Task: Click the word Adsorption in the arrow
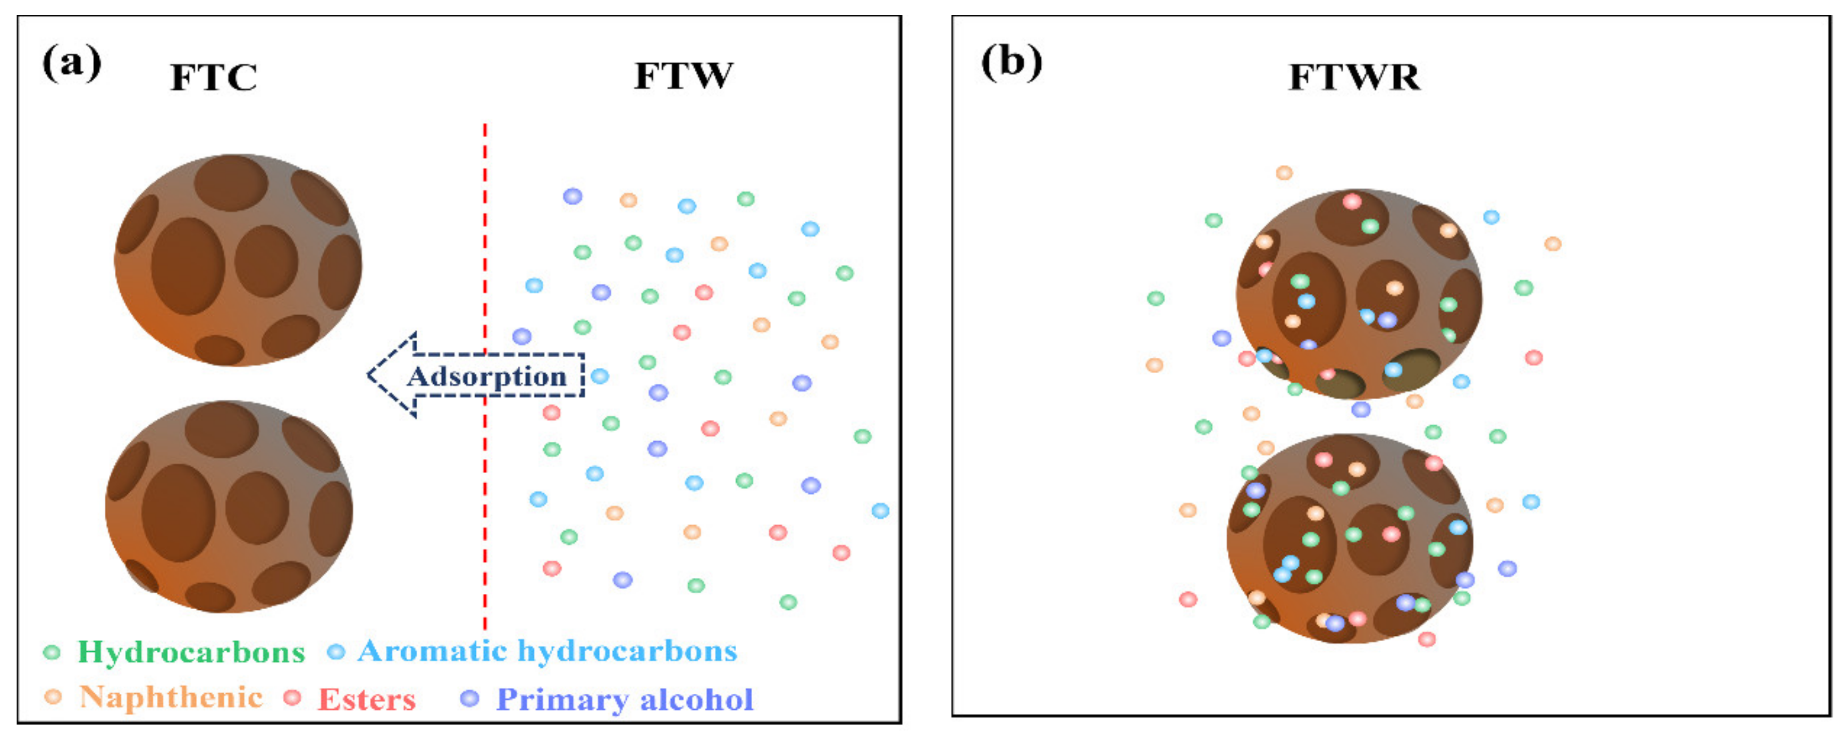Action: click(x=487, y=376)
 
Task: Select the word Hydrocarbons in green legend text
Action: click(x=191, y=652)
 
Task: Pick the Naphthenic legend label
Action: click(x=171, y=697)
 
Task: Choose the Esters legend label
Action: click(x=367, y=699)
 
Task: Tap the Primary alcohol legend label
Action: click(x=625, y=699)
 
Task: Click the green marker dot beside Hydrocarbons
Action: click(x=52, y=652)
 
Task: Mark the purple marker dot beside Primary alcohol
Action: click(x=469, y=699)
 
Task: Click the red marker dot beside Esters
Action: click(x=291, y=697)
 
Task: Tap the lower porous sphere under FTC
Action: click(x=229, y=507)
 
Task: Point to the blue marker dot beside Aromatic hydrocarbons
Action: click(x=335, y=652)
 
